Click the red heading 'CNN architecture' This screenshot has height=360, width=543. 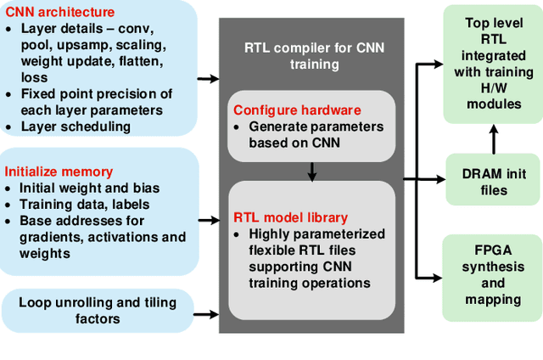pos(59,12)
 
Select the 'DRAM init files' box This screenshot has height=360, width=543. pos(493,179)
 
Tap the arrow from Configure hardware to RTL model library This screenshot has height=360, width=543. pos(312,172)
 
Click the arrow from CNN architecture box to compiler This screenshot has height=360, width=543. pos(207,79)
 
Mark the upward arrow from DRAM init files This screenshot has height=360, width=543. pos(492,138)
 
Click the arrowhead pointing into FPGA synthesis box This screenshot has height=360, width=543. pos(436,277)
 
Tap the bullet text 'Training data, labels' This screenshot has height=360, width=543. pos(84,204)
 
